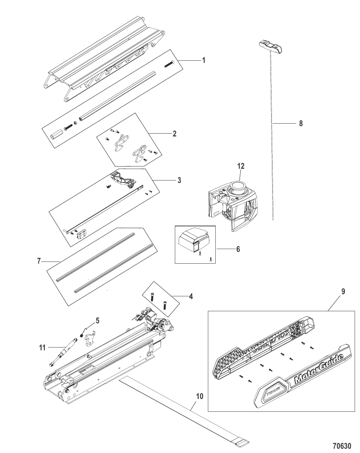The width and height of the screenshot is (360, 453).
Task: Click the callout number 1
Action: [204, 60]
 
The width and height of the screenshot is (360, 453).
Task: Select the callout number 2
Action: [174, 134]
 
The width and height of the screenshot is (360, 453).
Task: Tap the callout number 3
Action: [179, 180]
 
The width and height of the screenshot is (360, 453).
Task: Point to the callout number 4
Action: [191, 296]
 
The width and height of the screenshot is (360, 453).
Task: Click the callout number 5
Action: [97, 321]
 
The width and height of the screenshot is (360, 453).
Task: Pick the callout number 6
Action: [238, 249]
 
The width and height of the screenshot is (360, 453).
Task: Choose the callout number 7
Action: [39, 261]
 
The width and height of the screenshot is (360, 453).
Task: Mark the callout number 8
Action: [301, 124]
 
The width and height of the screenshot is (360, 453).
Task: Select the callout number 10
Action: [200, 396]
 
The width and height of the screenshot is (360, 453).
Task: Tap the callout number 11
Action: [42, 348]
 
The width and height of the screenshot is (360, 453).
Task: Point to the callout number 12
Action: [241, 166]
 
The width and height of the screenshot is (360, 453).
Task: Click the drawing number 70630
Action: [342, 446]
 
